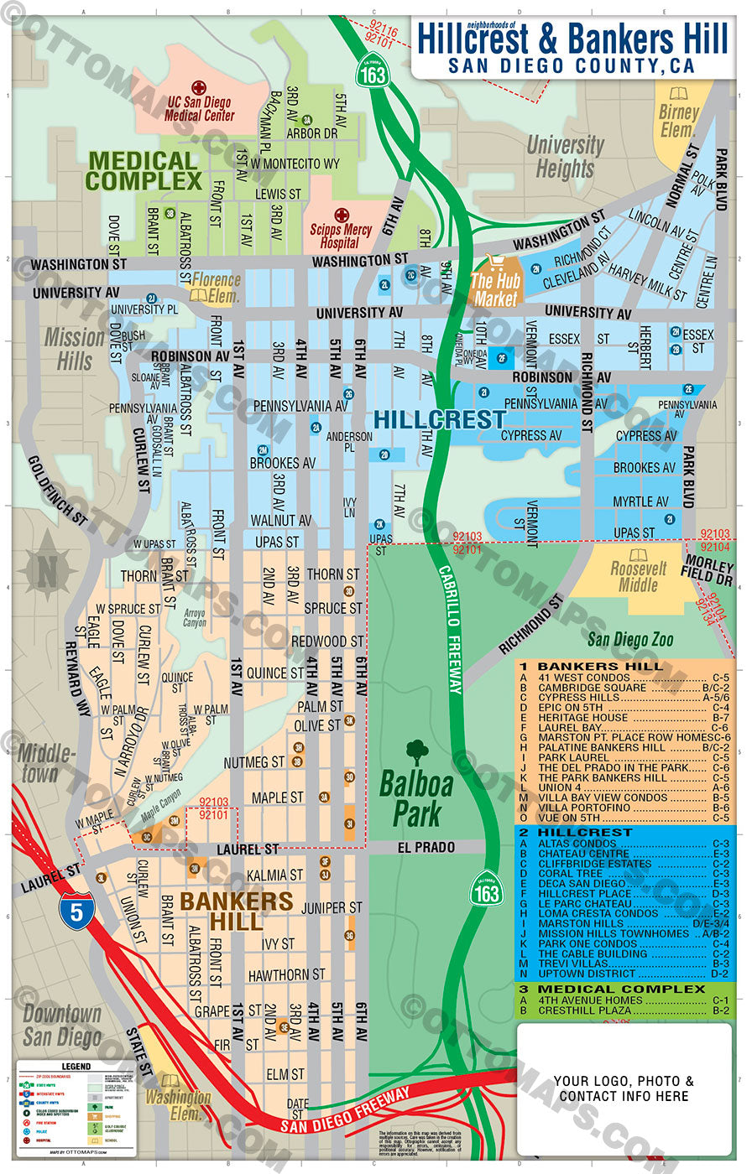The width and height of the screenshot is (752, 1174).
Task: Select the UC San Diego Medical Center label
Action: [199, 108]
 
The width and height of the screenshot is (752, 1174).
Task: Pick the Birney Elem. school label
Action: [678, 120]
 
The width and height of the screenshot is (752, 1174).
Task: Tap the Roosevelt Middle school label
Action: [638, 575]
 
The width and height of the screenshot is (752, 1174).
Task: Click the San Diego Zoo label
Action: [629, 640]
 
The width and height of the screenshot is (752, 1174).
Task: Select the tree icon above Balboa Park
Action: [416, 752]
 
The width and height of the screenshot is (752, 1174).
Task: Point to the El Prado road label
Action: [426, 848]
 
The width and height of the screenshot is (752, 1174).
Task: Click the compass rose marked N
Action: [48, 570]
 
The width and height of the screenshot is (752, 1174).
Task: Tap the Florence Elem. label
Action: [215, 287]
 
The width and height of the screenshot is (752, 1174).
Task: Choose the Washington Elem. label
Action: [178, 1104]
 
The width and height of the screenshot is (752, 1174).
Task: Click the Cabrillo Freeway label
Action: [451, 629]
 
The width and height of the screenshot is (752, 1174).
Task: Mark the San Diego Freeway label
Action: [344, 1111]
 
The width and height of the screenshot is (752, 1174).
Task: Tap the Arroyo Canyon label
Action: [195, 618]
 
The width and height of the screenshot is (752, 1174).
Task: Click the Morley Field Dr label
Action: [709, 570]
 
